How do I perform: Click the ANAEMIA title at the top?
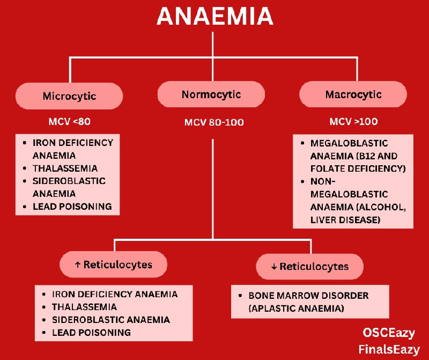(214, 16)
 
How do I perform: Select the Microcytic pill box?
(69, 97)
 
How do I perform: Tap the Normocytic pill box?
(211, 95)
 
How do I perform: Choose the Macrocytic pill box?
(353, 95)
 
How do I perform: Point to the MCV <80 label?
(69, 122)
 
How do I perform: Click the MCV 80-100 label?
(214, 122)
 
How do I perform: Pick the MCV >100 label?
(353, 122)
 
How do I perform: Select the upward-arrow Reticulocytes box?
(113, 265)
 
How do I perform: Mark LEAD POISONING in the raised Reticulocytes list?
(91, 333)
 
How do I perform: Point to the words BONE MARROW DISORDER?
(308, 296)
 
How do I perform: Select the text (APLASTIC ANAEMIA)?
(295, 308)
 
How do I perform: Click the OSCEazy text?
(388, 333)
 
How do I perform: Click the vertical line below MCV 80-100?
(213, 188)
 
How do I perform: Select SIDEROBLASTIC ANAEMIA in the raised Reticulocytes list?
(110, 320)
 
